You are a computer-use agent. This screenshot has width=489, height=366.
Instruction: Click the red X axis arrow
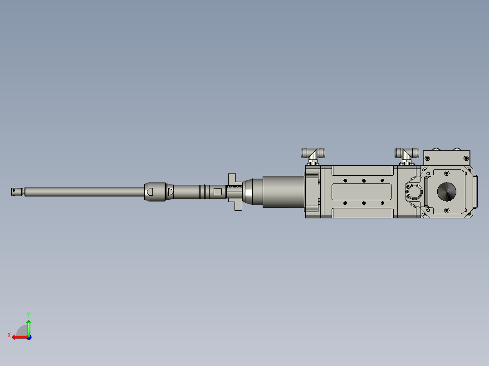(x=18, y=337)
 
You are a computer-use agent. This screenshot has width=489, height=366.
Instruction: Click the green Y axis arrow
(x=29, y=327)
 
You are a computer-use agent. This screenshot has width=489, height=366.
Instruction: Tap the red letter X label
(x=9, y=335)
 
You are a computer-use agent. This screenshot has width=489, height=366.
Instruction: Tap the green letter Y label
(x=29, y=314)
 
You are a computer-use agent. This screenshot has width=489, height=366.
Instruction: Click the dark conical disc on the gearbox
(x=447, y=192)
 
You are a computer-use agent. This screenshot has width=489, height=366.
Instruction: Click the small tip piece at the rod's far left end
(x=17, y=192)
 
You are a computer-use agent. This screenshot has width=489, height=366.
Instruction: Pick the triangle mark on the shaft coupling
(x=171, y=192)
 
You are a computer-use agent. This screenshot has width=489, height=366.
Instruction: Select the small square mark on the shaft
(x=218, y=192)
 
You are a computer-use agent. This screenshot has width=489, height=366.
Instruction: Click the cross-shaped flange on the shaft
(x=235, y=192)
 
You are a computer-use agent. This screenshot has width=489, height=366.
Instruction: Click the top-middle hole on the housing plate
(x=363, y=181)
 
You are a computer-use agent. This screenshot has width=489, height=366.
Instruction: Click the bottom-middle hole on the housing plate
(x=363, y=203)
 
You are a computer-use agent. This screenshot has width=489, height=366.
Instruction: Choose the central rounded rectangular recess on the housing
(x=363, y=192)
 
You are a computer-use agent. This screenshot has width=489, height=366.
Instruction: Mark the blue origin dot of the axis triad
(x=29, y=337)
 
